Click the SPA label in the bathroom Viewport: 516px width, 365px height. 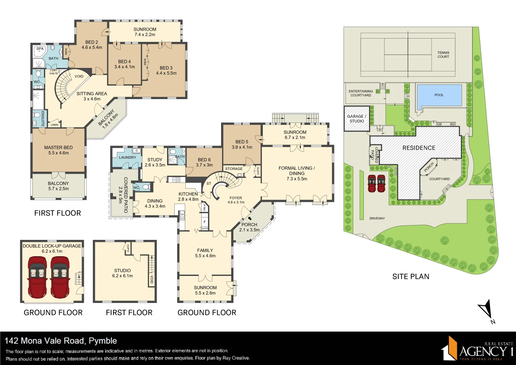click(40, 49)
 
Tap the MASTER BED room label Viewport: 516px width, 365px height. click(58, 148)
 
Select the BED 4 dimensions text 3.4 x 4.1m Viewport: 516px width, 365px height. click(124, 67)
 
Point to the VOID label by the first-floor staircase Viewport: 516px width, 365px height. click(79, 76)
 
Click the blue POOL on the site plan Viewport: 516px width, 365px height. click(439, 95)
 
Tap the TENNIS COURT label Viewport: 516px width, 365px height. click(443, 55)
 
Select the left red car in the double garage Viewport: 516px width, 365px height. click(37, 277)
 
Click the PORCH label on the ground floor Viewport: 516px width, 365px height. click(249, 225)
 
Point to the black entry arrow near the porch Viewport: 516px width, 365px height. click(250, 218)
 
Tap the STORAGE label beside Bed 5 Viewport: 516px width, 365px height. click(234, 169)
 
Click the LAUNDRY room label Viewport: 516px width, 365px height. click(127, 157)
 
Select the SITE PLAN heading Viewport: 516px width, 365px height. click(411, 276)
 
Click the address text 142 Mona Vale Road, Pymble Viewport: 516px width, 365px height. click(61, 341)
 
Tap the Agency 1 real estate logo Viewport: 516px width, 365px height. click(477, 348)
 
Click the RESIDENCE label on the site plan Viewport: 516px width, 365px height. click(419, 148)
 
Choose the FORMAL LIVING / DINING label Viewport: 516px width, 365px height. click(296, 171)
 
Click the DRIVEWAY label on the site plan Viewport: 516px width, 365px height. click(377, 218)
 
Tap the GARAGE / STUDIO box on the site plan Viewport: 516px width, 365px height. click(357, 119)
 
